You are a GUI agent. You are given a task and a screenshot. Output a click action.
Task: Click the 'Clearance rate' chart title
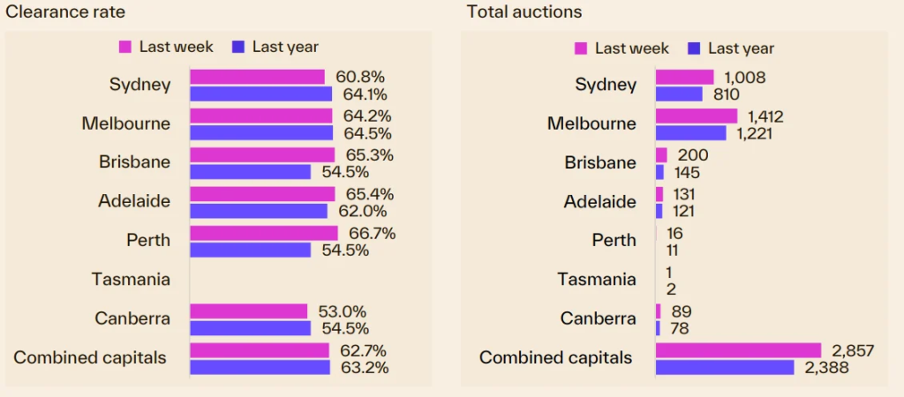click(x=65, y=12)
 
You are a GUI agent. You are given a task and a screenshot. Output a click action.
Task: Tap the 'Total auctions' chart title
click(x=524, y=12)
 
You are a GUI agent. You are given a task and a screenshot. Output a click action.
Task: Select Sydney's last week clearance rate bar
click(x=257, y=77)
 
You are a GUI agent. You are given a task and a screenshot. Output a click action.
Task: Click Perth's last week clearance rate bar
click(x=263, y=233)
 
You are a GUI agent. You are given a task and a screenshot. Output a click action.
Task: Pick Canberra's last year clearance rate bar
click(x=250, y=327)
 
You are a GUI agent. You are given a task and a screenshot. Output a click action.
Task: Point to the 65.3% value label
click(x=370, y=155)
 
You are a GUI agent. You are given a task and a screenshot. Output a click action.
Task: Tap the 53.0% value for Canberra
click(x=341, y=311)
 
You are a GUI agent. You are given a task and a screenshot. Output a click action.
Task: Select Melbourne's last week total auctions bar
click(x=696, y=116)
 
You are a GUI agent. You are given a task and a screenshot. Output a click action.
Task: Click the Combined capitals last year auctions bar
click(x=724, y=367)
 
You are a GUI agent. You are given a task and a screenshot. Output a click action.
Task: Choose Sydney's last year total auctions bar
click(x=679, y=94)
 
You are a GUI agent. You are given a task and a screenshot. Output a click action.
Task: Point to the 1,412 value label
click(x=765, y=116)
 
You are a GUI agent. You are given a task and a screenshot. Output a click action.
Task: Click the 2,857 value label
click(x=853, y=350)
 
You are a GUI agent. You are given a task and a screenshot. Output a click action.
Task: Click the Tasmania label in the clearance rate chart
click(x=131, y=279)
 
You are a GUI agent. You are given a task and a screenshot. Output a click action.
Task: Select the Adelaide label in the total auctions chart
click(x=599, y=202)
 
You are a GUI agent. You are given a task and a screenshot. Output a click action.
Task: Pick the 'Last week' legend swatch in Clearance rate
click(x=125, y=47)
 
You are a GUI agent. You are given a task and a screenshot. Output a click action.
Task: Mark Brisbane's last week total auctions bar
click(x=661, y=155)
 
